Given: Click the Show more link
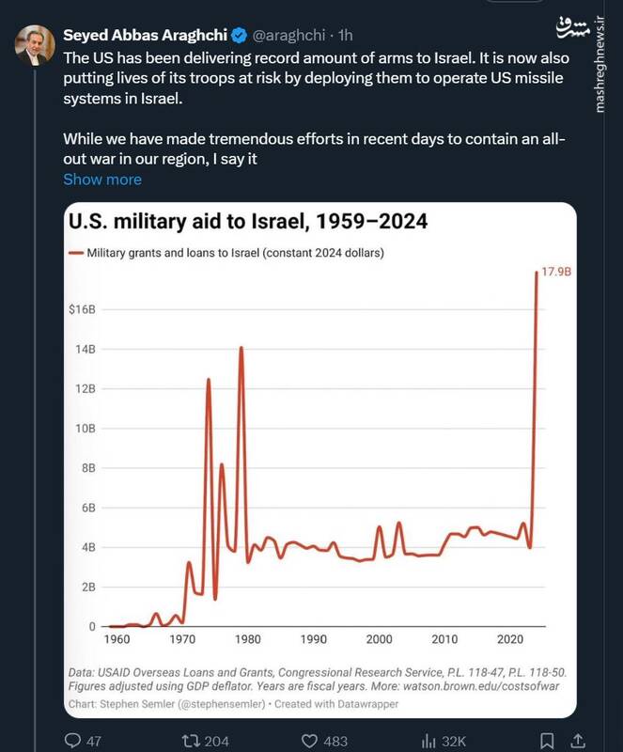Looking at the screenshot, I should pos(102,180).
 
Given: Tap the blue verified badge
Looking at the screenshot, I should pos(240,37).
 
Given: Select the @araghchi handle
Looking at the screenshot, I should pos(291,37).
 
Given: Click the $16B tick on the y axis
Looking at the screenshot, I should pos(83,309).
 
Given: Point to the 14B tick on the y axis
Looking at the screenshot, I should pos(86,349).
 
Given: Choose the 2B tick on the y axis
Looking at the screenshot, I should pos(87,587).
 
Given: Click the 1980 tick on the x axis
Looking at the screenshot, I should pos(248,640).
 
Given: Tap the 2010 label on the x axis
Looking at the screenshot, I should pos(444,640).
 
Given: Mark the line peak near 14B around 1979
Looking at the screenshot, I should pos(241,348).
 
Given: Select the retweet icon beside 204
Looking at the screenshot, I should pos(190,740).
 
